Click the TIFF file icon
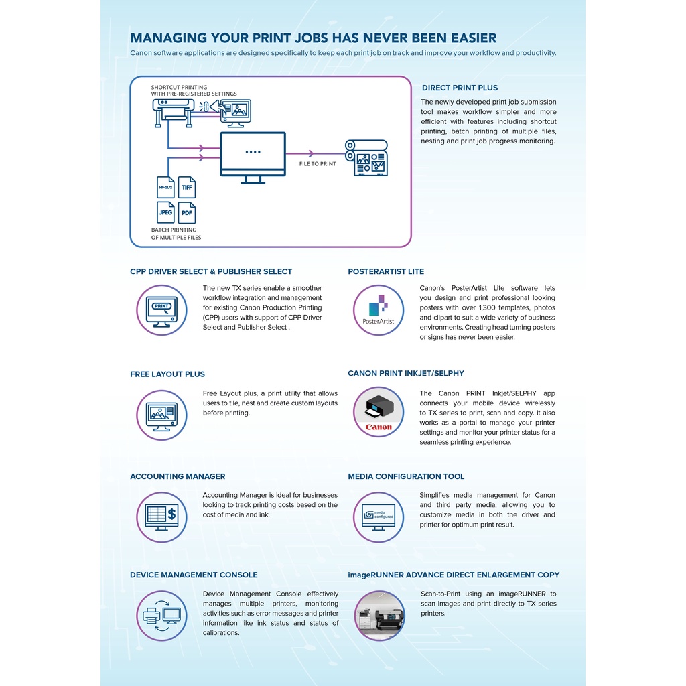click(x=187, y=188)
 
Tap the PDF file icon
click(x=187, y=212)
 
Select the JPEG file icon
click(x=165, y=212)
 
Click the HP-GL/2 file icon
click(x=165, y=188)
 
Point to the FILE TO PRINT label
click(x=318, y=164)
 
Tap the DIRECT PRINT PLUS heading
click(x=460, y=88)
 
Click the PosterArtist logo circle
click(x=379, y=310)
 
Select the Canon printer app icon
click(x=379, y=412)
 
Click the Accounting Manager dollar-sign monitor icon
click(x=161, y=517)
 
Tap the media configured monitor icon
click(x=379, y=517)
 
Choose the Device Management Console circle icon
click(x=161, y=616)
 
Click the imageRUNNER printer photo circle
click(x=379, y=616)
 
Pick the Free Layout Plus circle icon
click(x=161, y=415)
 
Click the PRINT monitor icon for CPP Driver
click(x=161, y=311)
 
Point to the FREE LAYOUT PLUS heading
click(x=167, y=374)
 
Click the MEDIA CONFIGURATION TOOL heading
click(x=406, y=476)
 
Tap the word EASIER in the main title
click(x=464, y=38)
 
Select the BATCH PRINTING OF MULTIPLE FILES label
click(x=176, y=234)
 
